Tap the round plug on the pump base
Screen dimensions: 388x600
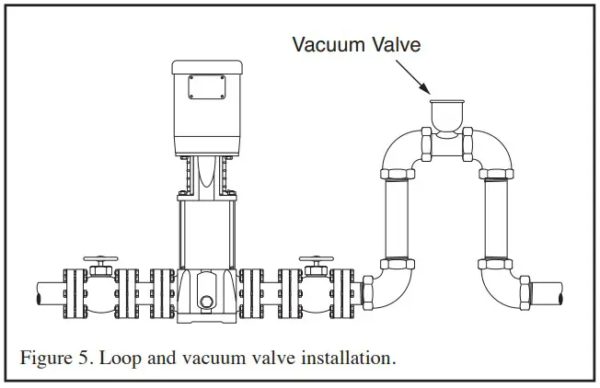207,302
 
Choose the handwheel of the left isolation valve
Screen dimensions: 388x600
98,262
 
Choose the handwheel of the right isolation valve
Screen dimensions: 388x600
316,262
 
